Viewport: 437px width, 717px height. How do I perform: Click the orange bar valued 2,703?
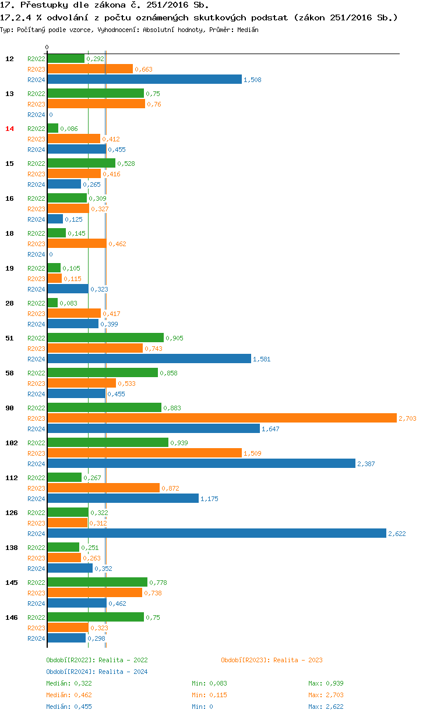tap(221, 418)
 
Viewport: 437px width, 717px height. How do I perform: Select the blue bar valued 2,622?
tap(216, 533)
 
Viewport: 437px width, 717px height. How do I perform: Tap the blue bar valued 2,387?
tap(201, 463)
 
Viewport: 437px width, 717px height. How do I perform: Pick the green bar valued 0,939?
tap(108, 442)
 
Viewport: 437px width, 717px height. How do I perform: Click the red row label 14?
tap(9, 129)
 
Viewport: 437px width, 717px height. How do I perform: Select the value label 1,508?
tap(252, 80)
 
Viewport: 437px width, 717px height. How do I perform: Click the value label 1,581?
tap(262, 359)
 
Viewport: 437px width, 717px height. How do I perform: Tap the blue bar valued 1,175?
tap(123, 498)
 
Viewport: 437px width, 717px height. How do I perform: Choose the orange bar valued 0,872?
tap(103, 488)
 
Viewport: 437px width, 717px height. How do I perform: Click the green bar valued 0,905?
tap(105, 338)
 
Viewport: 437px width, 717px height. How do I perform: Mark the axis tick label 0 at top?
tap(47, 47)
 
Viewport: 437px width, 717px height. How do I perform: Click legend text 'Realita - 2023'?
tap(298, 660)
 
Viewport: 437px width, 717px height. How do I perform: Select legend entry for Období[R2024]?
tap(97, 672)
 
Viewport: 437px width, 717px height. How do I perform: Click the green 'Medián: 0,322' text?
tap(69, 683)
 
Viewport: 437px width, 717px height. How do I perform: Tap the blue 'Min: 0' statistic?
tap(202, 707)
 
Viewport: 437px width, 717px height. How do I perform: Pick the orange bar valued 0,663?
tap(90, 69)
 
